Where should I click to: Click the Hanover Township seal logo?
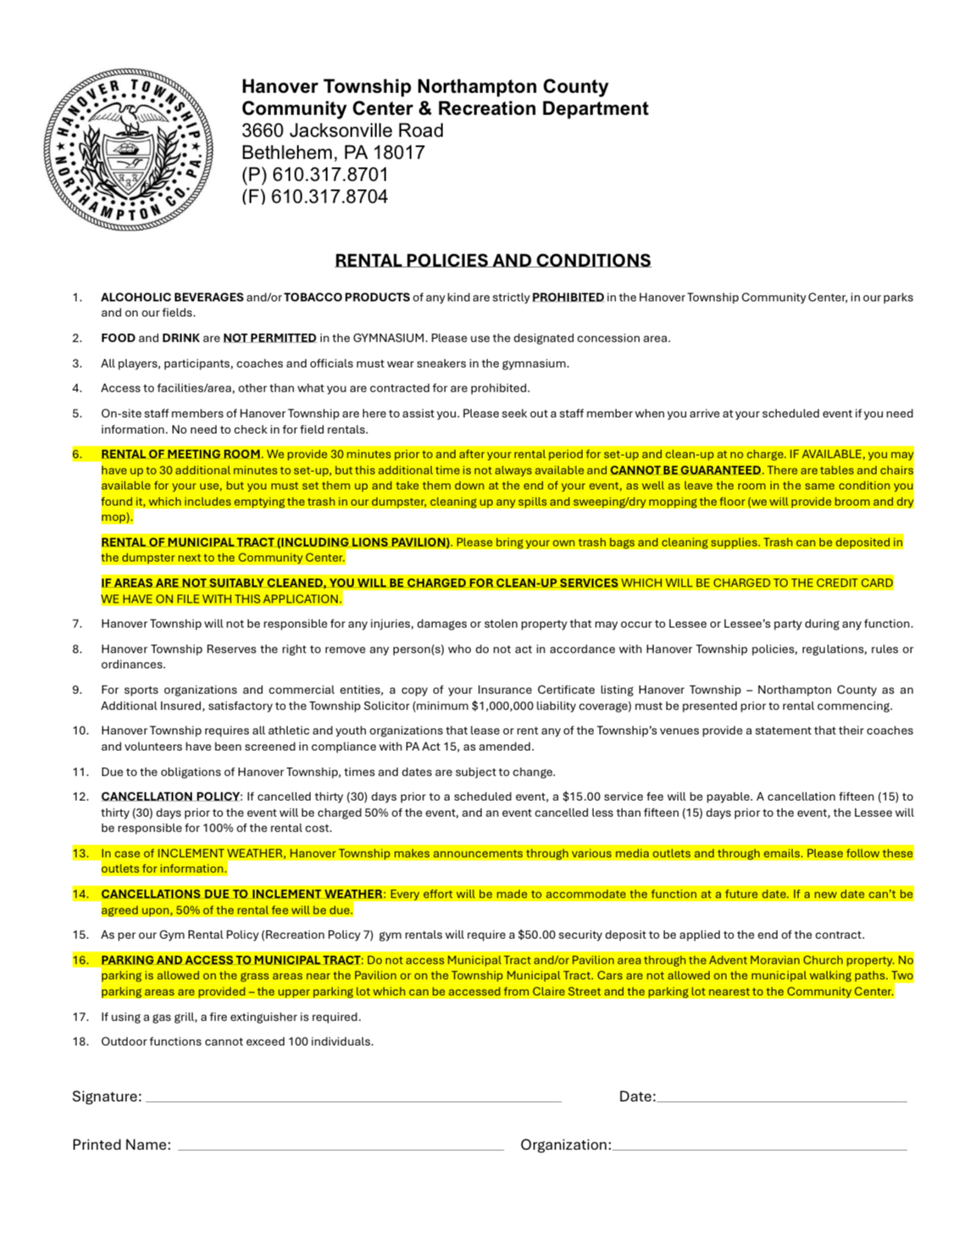(x=128, y=149)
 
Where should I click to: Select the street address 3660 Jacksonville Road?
(x=342, y=131)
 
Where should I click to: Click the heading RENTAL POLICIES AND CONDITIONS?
(x=492, y=260)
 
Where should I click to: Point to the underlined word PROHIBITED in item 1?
(x=568, y=297)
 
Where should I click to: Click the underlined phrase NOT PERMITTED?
(x=269, y=338)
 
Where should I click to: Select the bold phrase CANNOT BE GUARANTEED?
(x=685, y=470)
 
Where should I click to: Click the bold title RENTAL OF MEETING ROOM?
(x=180, y=454)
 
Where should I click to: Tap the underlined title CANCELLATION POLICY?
(x=170, y=797)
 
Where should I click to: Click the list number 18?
(x=80, y=1042)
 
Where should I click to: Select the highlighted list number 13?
(x=80, y=854)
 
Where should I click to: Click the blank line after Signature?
(x=353, y=1098)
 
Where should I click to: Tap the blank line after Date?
(x=781, y=1098)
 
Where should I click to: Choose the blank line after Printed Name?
(x=341, y=1147)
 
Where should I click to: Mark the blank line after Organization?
(x=759, y=1147)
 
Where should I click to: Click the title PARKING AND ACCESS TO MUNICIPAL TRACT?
(x=230, y=960)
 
